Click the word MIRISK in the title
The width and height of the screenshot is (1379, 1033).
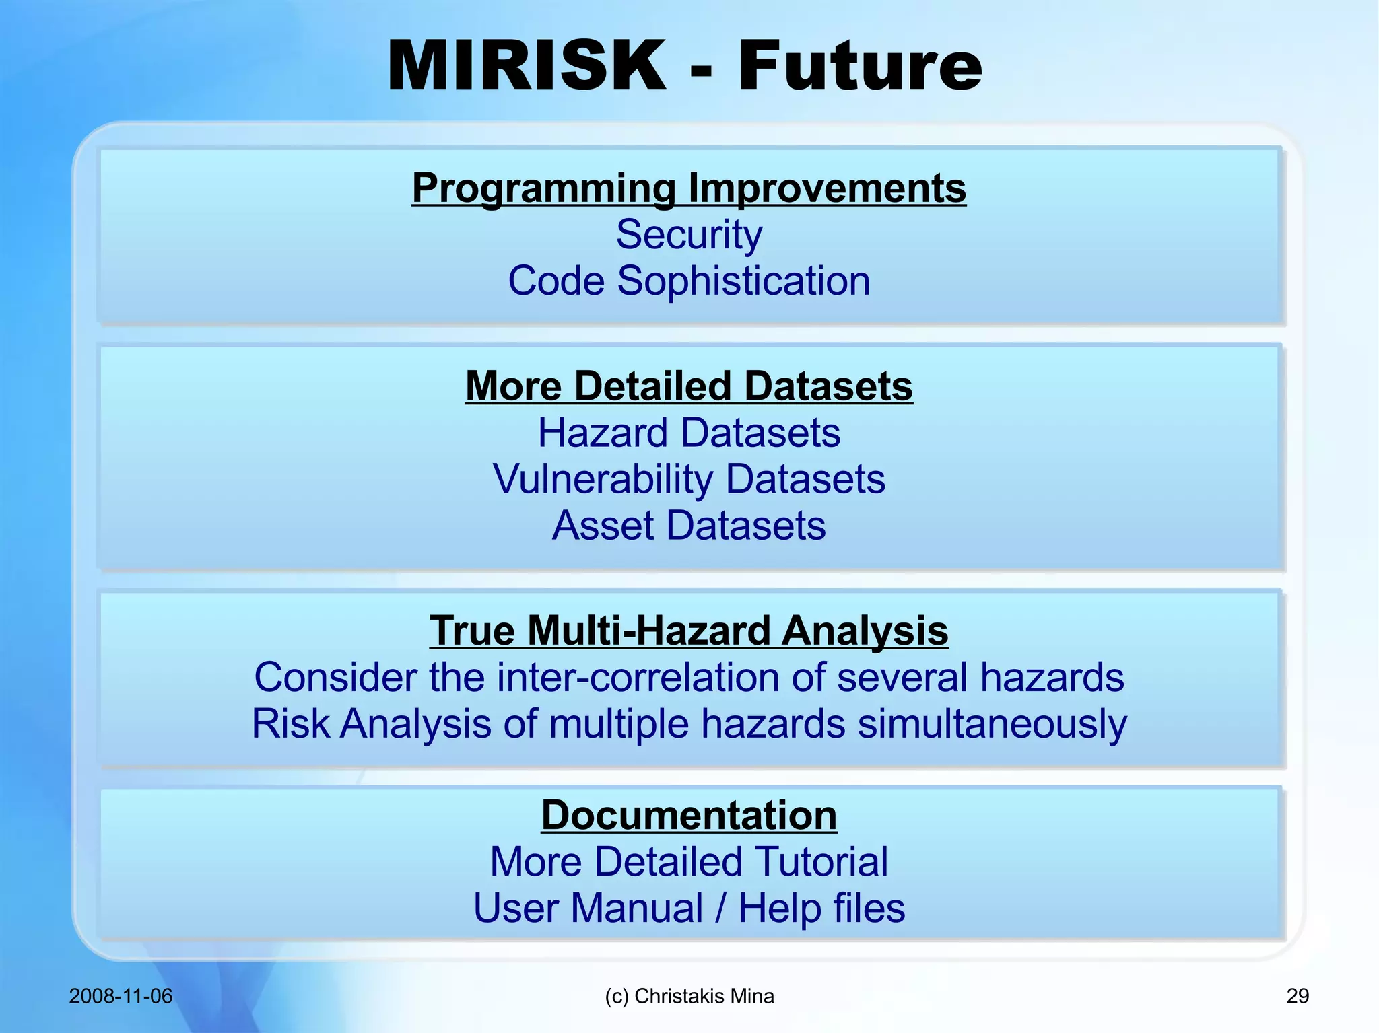(527, 66)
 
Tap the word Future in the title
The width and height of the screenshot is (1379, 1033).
(860, 66)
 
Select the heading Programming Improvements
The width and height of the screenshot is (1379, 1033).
(689, 188)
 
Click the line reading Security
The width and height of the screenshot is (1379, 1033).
(689, 235)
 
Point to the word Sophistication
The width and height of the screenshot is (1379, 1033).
(743, 281)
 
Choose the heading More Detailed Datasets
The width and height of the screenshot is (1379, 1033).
(689, 386)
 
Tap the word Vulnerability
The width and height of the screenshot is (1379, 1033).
(603, 479)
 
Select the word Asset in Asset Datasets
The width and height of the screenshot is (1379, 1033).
(603, 526)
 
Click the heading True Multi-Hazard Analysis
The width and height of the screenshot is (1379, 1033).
(689, 631)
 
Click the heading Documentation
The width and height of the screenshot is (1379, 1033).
(689, 816)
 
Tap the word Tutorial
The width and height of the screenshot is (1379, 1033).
(821, 862)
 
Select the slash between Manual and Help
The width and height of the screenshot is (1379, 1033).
(720, 909)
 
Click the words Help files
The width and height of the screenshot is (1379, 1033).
(821, 909)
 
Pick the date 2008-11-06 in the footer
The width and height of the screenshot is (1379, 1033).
(121, 996)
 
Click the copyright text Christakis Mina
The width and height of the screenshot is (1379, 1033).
(704, 996)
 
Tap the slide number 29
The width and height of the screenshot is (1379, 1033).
(1298, 996)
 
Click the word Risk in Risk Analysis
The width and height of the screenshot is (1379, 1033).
(291, 724)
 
